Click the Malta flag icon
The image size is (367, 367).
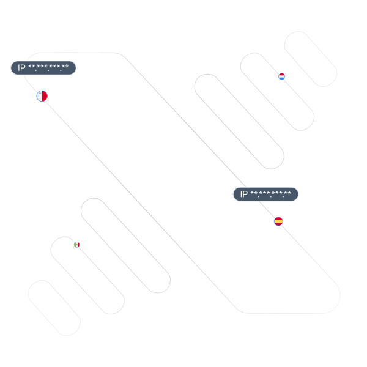point(42,96)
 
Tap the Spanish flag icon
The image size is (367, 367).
point(278,221)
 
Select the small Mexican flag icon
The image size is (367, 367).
point(77,245)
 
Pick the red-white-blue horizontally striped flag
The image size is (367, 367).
point(281,76)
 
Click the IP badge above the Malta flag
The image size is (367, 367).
point(43,68)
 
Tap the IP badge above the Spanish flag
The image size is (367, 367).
point(265,194)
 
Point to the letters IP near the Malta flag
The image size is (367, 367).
point(21,68)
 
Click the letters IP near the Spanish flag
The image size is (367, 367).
point(244,194)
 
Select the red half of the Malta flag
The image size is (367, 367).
point(45,96)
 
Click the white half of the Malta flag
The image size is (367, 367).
point(39,97)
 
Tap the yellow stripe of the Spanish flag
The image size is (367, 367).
point(278,221)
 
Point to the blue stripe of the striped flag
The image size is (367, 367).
point(281,79)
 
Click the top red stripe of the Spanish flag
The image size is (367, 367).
point(278,218)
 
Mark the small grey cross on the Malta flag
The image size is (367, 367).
point(40,94)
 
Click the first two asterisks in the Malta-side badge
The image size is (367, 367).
point(32,67)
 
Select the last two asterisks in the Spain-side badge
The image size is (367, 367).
point(287,193)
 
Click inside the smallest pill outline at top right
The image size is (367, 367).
point(311,59)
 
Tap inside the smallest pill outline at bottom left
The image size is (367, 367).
point(54,308)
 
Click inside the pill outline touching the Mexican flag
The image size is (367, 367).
point(87,275)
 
